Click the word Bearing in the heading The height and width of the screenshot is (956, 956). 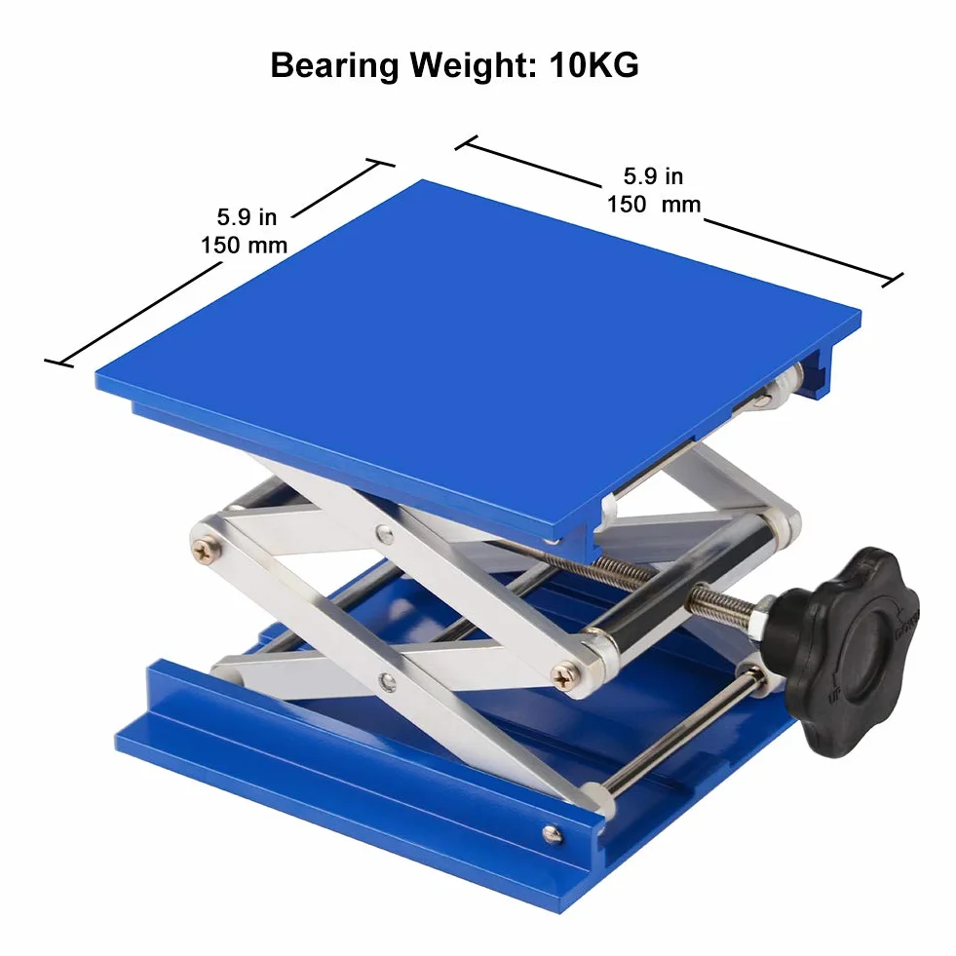(334, 66)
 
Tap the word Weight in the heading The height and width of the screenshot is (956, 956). (474, 66)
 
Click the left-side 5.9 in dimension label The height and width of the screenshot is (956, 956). (247, 216)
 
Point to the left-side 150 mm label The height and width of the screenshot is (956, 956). (244, 246)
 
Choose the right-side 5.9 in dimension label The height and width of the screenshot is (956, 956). (653, 175)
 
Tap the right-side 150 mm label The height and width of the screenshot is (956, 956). (654, 204)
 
